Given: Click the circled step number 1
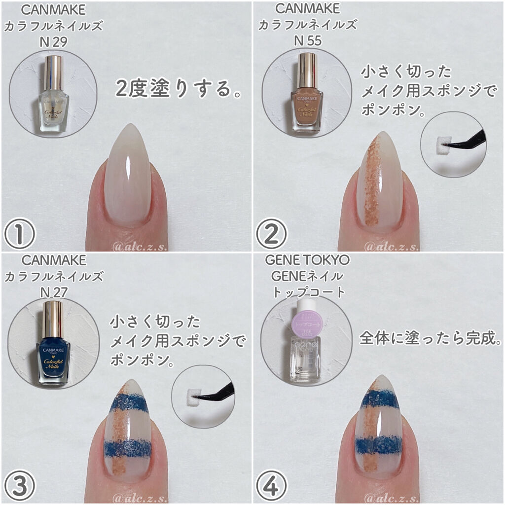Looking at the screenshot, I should tap(19, 234).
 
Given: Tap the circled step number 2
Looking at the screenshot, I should tap(271, 234).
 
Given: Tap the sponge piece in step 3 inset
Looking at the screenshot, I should tap(188, 395).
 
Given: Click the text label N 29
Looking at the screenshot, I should tap(53, 42).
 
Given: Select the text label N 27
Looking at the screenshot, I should tap(53, 293).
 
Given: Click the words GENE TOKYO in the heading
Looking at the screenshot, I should tap(307, 260).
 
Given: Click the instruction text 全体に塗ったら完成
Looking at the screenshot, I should tap(431, 339).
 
